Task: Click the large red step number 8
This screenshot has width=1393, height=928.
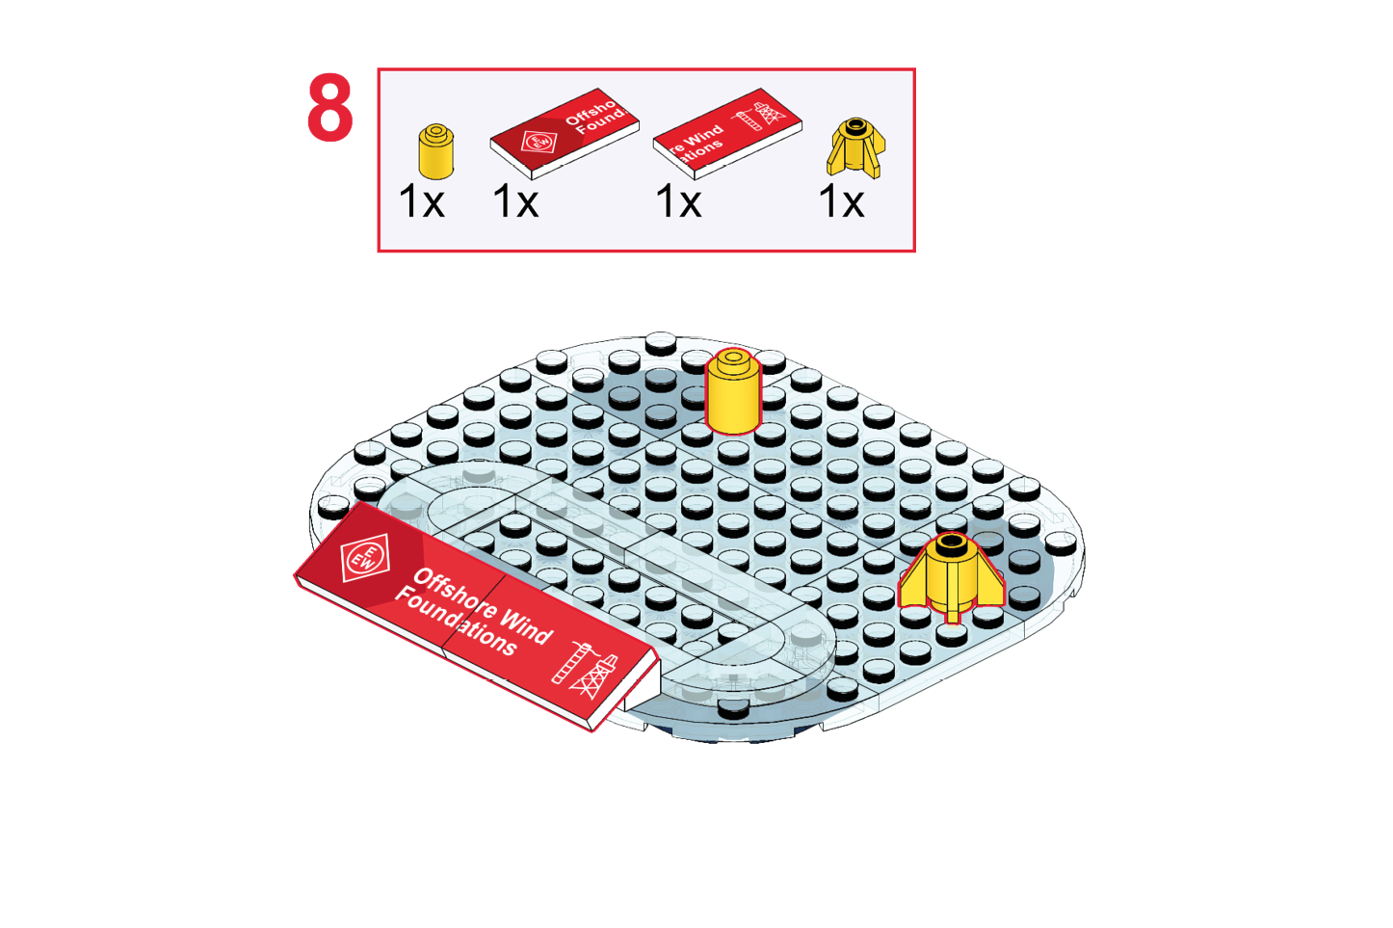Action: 330,108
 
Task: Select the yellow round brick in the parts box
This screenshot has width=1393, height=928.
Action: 436,151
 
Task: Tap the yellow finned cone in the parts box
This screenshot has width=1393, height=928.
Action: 855,148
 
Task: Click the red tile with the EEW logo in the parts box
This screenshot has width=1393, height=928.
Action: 565,133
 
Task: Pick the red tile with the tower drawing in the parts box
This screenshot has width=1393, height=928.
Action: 727,134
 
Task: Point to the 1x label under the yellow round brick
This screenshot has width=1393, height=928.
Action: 422,201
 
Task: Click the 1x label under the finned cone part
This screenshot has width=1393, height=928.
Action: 841,201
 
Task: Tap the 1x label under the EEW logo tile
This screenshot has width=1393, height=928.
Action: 515,201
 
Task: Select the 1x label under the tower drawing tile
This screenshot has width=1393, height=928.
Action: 678,201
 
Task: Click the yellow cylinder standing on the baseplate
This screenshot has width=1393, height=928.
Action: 733,392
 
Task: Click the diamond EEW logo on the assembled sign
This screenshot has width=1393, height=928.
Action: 366,557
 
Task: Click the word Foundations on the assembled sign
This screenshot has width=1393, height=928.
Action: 456,622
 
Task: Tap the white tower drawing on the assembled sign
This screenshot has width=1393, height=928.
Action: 585,671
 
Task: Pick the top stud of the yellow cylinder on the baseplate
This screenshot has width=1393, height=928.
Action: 734,358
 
